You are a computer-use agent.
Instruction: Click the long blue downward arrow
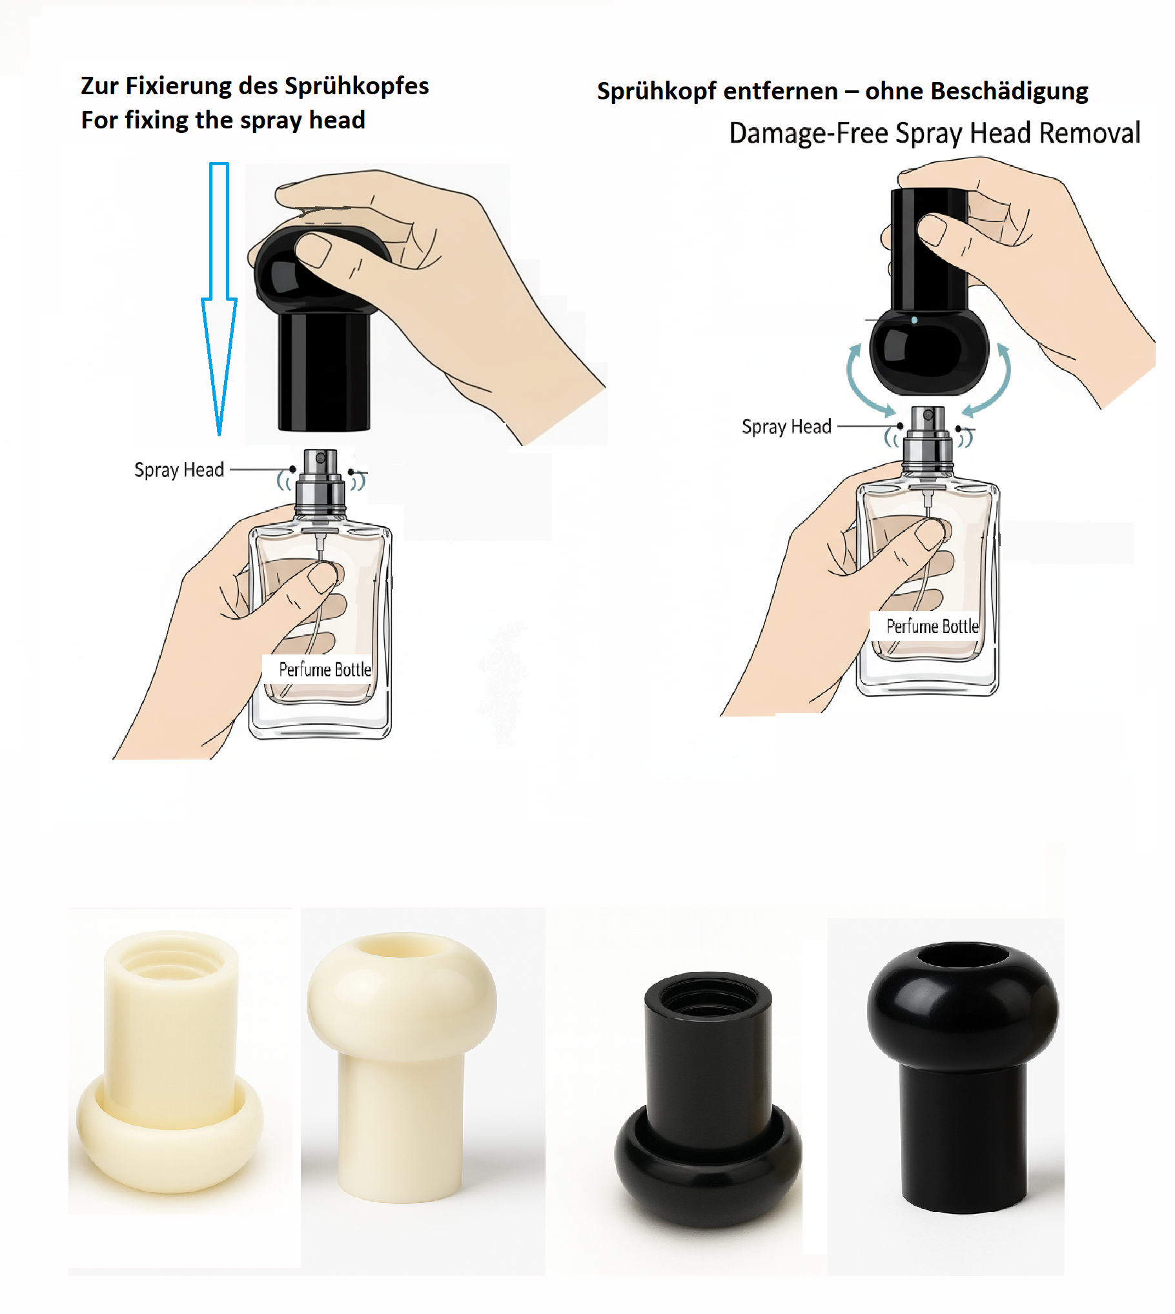[220, 298]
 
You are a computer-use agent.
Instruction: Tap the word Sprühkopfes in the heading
[357, 86]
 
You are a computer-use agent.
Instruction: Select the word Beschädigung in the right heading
[1010, 92]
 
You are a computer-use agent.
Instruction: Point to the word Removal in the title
[1090, 133]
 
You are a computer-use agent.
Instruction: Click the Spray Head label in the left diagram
[179, 469]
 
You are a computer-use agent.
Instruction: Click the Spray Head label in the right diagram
[786, 426]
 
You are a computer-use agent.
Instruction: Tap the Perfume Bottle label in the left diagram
[325, 669]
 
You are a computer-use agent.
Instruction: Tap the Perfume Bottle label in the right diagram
[933, 626]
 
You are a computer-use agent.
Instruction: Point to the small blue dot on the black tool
[914, 320]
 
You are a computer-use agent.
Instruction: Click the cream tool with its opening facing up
[170, 1061]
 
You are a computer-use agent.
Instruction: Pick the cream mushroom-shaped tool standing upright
[402, 1066]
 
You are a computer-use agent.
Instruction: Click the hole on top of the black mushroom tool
[963, 955]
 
